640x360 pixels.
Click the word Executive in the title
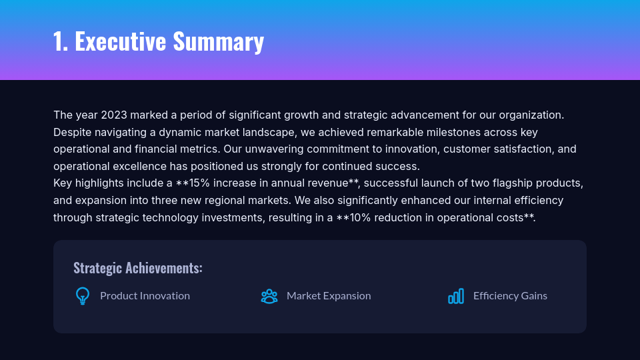pyautogui.click(x=120, y=41)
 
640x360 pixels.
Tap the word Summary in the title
pyautogui.click(x=218, y=41)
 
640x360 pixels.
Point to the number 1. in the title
pyautogui.click(x=61, y=41)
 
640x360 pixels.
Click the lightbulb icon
pyautogui.click(x=83, y=296)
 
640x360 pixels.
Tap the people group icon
pyautogui.click(x=269, y=296)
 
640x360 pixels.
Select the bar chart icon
pyautogui.click(x=456, y=296)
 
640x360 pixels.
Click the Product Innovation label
pyautogui.click(x=145, y=296)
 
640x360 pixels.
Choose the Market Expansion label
pyautogui.click(x=329, y=296)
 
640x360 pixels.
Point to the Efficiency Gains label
pyautogui.click(x=510, y=296)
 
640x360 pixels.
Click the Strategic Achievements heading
pyautogui.click(x=138, y=268)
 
